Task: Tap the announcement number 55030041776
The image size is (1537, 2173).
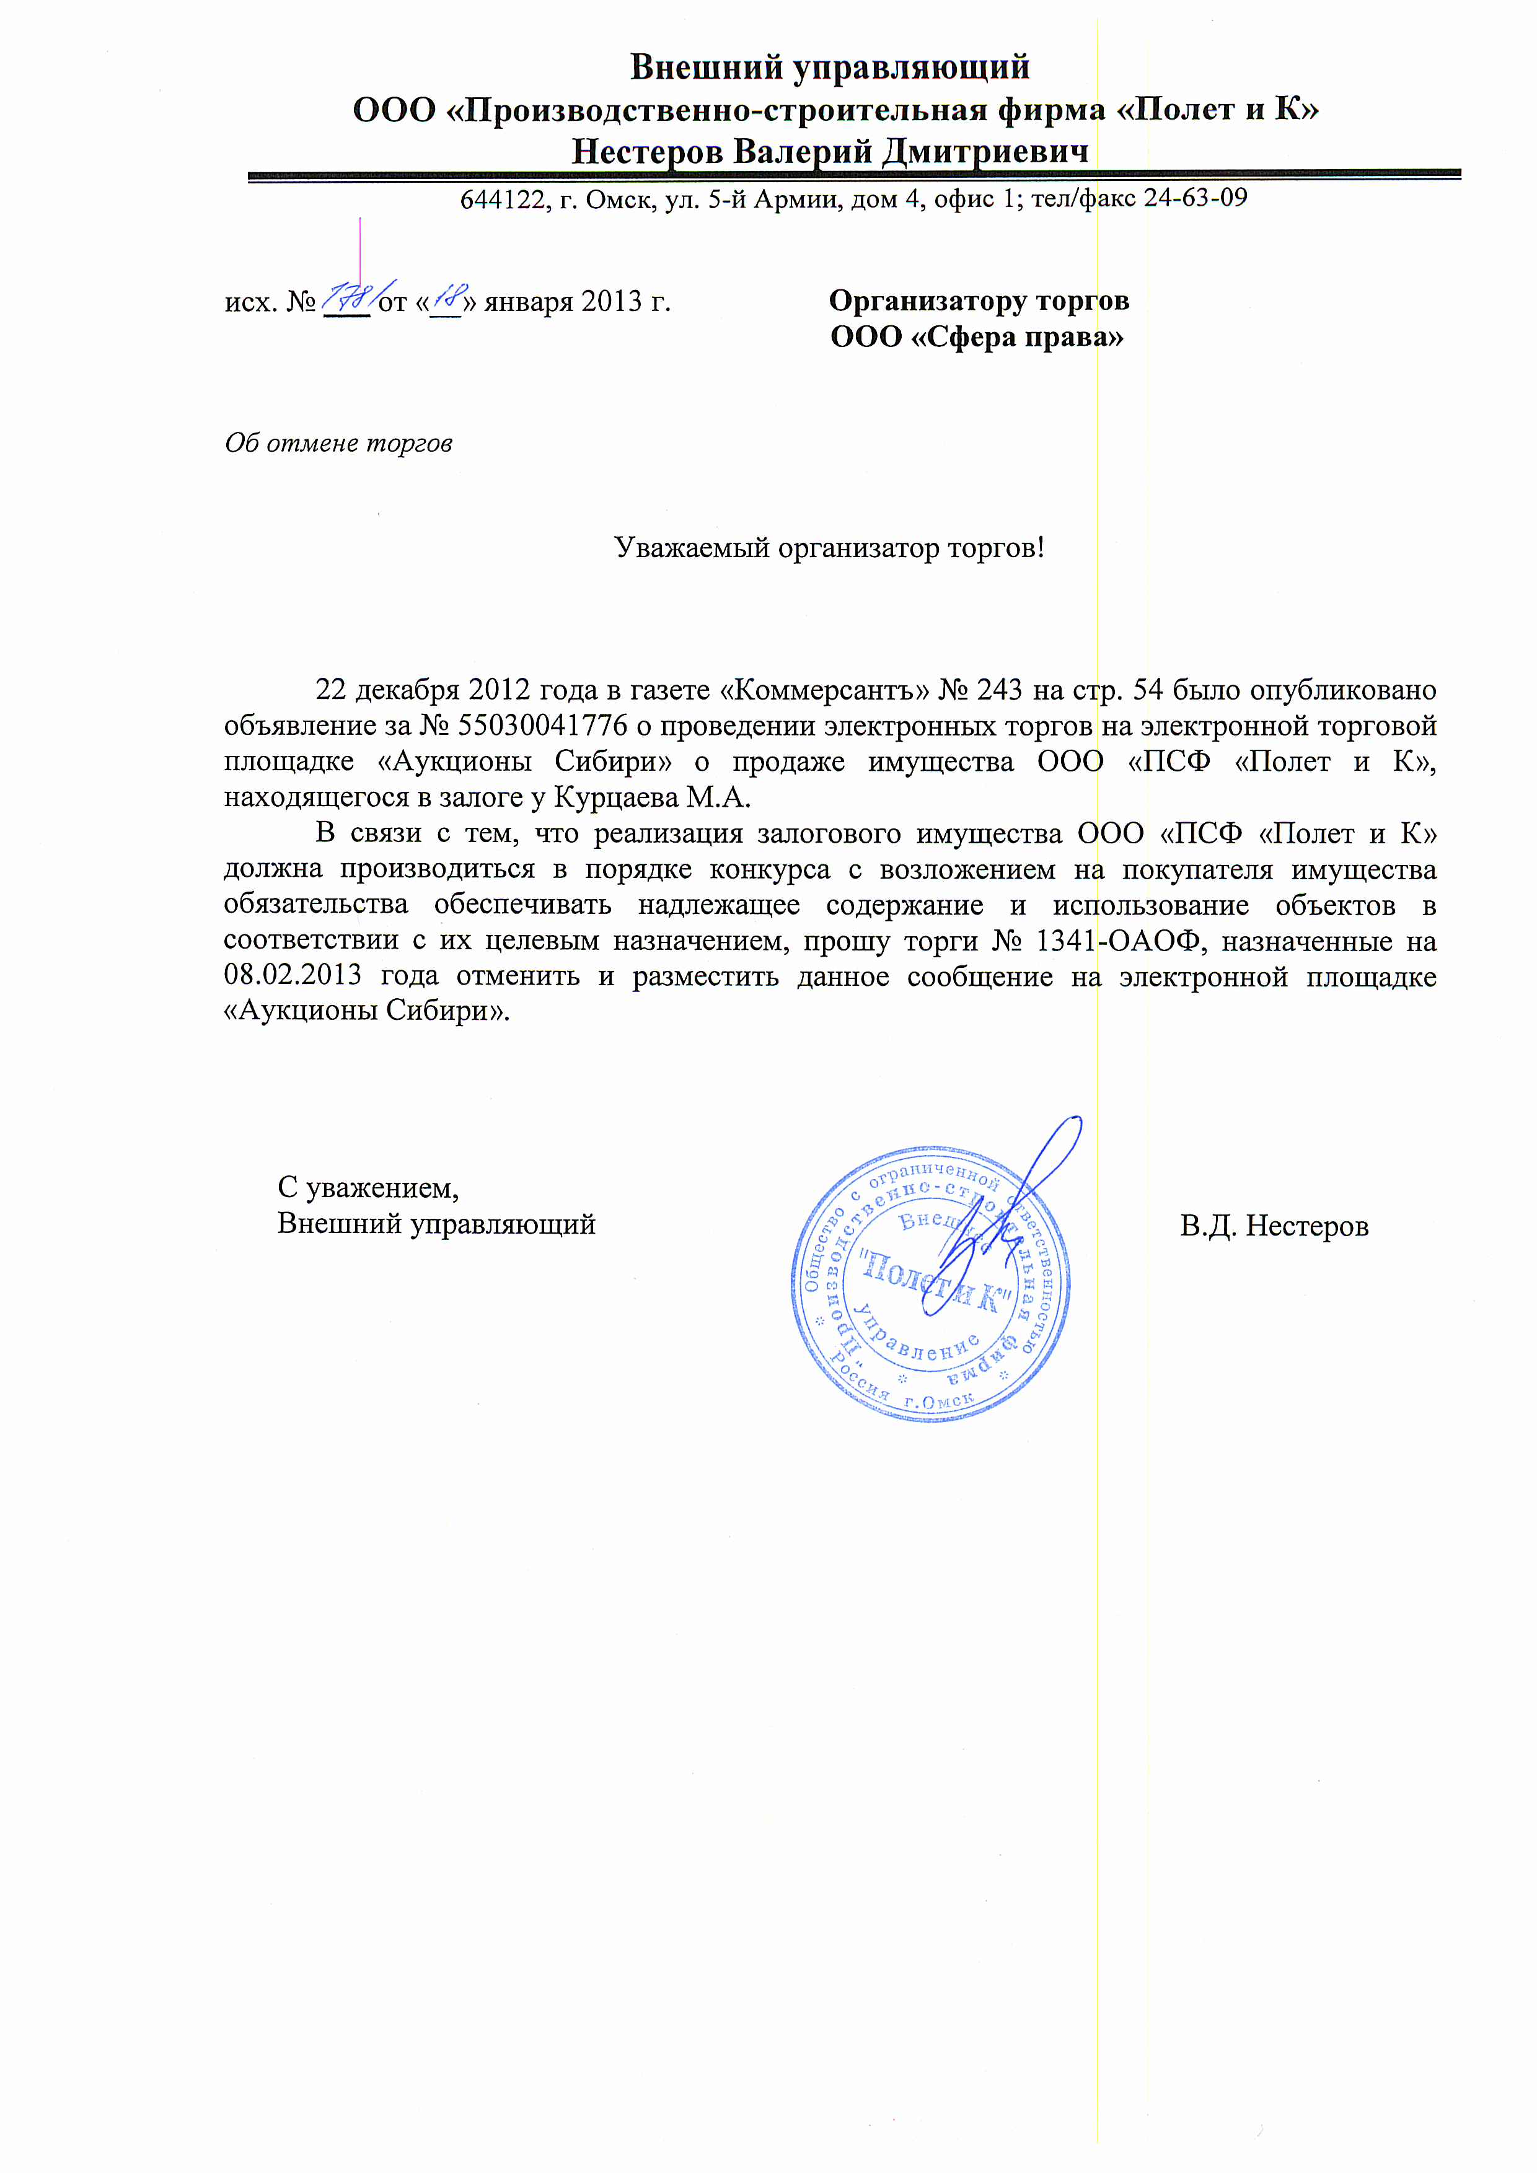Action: click(x=542, y=726)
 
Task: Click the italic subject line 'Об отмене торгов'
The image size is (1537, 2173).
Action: click(x=338, y=443)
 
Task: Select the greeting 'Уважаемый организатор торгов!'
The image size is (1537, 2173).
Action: click(x=829, y=547)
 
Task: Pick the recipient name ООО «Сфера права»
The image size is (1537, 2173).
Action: click(x=977, y=337)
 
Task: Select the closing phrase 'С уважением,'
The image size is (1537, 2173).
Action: click(x=368, y=1187)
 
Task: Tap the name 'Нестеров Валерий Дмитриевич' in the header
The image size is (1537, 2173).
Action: click(x=829, y=151)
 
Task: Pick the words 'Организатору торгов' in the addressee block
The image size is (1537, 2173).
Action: click(x=979, y=301)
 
